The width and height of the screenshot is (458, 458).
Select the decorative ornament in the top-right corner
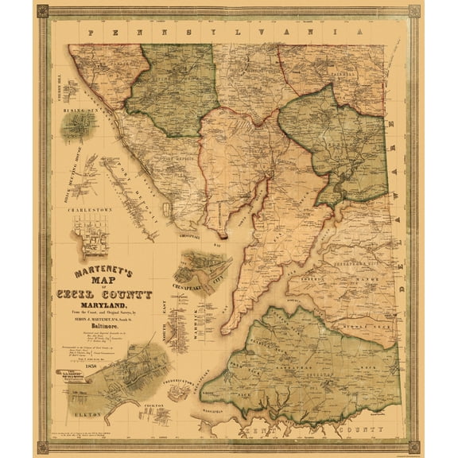point(414,11)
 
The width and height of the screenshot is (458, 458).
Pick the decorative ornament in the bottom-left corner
point(43,447)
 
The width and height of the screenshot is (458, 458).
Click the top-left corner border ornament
point(43,11)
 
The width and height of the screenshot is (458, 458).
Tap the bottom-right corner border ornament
point(414,447)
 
